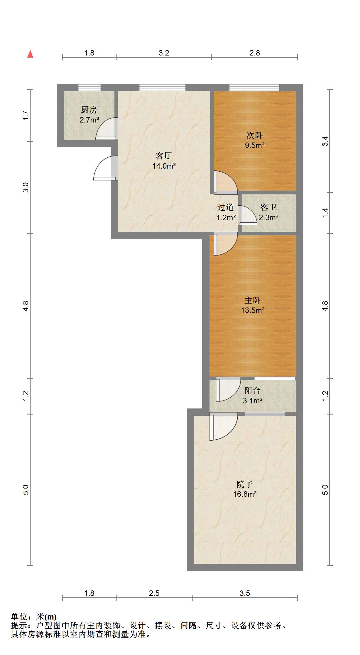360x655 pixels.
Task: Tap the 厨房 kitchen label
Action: coord(89,110)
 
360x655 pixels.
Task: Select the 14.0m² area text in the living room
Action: coord(164,166)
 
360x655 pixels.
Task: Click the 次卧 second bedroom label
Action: coord(255,135)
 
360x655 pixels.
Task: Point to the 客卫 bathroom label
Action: coord(269,207)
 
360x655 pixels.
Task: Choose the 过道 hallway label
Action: coord(226,207)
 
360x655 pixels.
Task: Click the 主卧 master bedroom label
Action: coord(253,300)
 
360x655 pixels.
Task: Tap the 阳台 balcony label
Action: coord(253,391)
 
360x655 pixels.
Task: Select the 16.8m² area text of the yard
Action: coord(245,494)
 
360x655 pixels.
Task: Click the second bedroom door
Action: coord(226,183)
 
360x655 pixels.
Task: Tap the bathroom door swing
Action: coord(247,215)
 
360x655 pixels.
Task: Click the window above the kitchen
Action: coord(90,88)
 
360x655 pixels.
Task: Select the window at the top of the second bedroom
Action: coord(254,88)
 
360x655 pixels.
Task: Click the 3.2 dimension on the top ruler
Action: coord(164,53)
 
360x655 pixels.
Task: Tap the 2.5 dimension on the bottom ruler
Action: coord(154,593)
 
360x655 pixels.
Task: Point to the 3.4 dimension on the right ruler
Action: coord(325,141)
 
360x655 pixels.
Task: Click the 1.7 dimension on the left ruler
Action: coord(26,115)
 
